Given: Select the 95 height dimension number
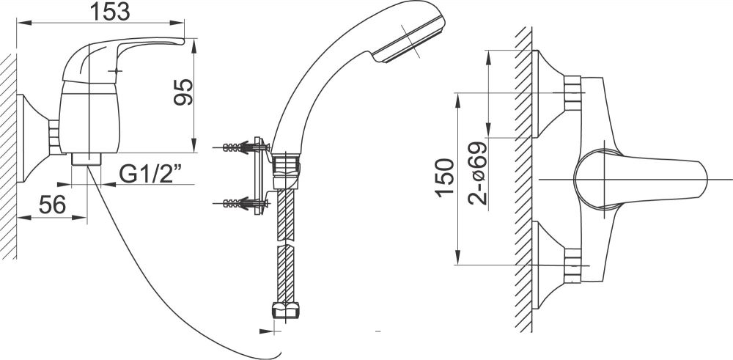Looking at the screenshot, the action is (183, 92).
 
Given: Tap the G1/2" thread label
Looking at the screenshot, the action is (150, 174).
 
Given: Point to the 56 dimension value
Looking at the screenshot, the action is (52, 205).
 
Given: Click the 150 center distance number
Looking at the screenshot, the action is (445, 178).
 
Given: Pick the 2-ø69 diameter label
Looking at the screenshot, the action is (477, 173).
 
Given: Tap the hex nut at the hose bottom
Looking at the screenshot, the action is (286, 310).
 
